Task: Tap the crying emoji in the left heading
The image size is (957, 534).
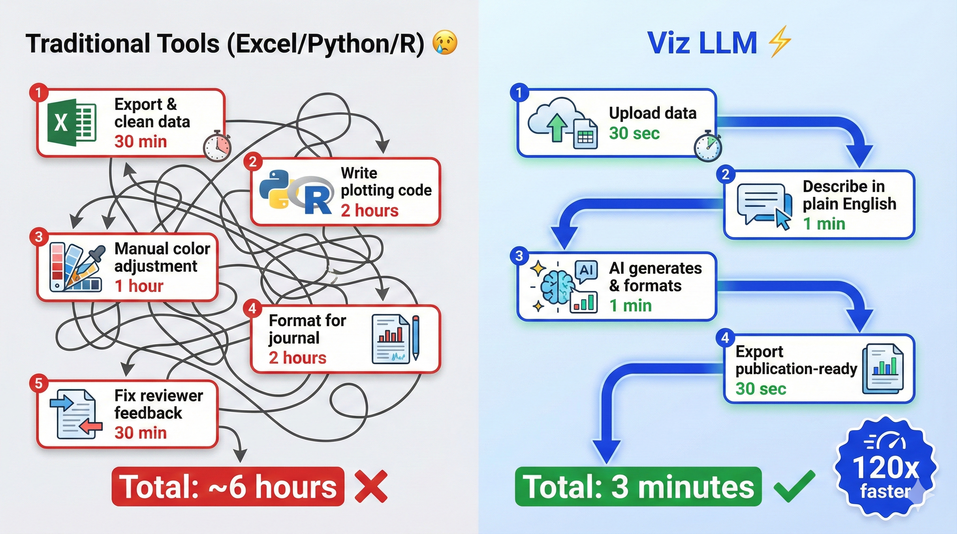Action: [x=445, y=43]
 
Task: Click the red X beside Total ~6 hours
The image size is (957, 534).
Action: [x=371, y=486]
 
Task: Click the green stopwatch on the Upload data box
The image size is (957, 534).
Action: [x=708, y=147]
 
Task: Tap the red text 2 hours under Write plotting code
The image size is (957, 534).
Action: [x=369, y=211]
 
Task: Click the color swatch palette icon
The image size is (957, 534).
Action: [x=74, y=268]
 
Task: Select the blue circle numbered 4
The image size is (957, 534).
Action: [x=725, y=338]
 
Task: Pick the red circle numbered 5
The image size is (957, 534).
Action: [x=39, y=383]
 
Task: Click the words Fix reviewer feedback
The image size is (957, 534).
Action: [x=158, y=404]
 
